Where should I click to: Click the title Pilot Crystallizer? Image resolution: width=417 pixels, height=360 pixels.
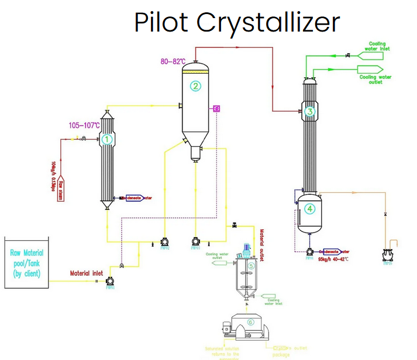[x=237, y=23]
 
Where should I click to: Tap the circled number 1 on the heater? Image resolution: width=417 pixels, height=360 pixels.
[x=107, y=139]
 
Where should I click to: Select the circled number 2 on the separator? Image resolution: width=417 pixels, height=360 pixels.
[x=196, y=86]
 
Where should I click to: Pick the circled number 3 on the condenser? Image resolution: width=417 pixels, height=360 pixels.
[x=310, y=111]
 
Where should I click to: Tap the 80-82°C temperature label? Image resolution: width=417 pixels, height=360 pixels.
[x=173, y=61]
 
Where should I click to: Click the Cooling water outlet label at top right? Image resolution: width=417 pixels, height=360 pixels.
[x=375, y=79]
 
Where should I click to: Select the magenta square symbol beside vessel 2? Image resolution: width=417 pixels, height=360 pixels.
[x=216, y=108]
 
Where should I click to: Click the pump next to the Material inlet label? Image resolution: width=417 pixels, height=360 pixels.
[x=109, y=282]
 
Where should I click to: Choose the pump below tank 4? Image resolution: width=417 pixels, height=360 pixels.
[x=309, y=252]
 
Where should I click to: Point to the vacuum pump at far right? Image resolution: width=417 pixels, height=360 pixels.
[x=387, y=255]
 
